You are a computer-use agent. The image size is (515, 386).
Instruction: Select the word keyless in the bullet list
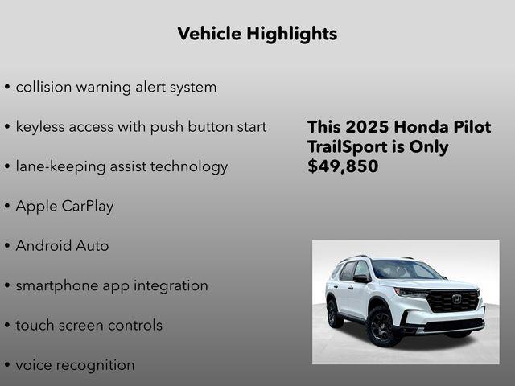click(42, 127)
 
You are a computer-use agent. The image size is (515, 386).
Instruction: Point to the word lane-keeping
click(61, 167)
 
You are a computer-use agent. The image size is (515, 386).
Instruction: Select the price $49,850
click(343, 167)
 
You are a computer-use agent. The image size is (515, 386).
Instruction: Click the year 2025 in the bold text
click(366, 127)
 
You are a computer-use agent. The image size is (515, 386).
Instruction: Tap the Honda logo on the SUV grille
click(456, 298)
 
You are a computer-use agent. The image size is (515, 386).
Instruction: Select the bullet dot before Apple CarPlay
click(7, 207)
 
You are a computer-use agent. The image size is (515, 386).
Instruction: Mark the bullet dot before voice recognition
click(7, 366)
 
